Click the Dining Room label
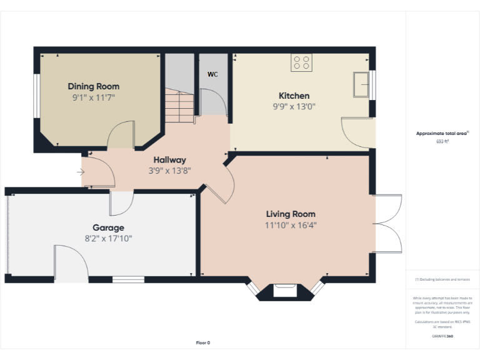(x=93, y=86)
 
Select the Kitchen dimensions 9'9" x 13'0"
(x=294, y=106)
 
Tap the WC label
(x=212, y=74)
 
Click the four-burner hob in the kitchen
(x=301, y=62)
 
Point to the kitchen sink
(x=361, y=84)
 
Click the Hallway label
(x=169, y=160)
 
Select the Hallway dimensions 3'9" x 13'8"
(x=169, y=170)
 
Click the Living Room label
(x=291, y=214)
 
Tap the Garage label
(x=108, y=227)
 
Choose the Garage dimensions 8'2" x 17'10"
(x=108, y=238)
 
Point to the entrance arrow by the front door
(x=81, y=172)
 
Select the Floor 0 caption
(x=203, y=342)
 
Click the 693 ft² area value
(x=442, y=141)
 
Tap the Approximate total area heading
(x=442, y=133)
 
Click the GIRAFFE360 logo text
(x=442, y=336)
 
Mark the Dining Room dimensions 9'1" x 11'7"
(x=93, y=97)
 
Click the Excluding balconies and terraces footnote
(x=442, y=279)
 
